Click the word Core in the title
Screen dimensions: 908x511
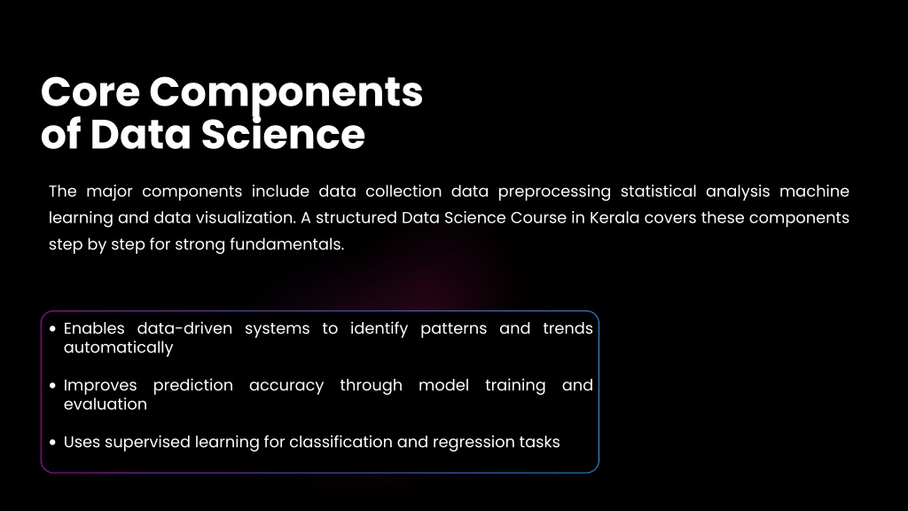click(90, 92)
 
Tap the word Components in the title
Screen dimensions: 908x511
click(286, 95)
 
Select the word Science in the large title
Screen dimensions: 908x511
click(283, 134)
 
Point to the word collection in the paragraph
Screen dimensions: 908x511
click(403, 192)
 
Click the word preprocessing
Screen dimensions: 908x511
click(554, 193)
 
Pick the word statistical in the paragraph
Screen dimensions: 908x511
click(659, 192)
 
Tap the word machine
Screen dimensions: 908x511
click(814, 192)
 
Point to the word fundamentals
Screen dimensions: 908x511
click(286, 245)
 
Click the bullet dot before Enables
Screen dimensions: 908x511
click(52, 328)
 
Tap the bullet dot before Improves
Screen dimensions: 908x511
click(52, 385)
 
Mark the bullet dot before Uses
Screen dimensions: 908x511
click(52, 442)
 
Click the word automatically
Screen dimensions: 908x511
click(118, 348)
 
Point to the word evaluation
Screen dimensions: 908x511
click(106, 404)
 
